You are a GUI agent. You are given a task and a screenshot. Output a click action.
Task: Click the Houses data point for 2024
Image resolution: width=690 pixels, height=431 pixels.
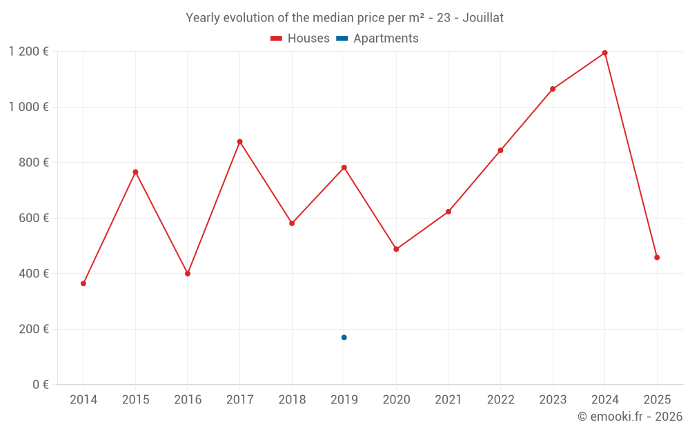[605, 53]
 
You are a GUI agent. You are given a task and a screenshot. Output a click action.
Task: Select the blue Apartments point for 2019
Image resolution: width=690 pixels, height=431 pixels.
[344, 337]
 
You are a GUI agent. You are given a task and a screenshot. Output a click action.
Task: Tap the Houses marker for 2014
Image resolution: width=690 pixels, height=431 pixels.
[83, 283]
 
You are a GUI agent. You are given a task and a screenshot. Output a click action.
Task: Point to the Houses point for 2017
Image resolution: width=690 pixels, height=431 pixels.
[239, 142]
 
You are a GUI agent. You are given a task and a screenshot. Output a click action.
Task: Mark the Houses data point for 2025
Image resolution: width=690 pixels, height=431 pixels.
[657, 257]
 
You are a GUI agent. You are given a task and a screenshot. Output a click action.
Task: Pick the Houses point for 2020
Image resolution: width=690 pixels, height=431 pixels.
[396, 249]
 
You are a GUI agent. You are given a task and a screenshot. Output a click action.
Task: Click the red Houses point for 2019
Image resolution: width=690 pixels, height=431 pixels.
[344, 168]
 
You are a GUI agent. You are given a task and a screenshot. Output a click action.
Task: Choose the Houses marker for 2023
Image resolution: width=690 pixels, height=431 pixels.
[553, 89]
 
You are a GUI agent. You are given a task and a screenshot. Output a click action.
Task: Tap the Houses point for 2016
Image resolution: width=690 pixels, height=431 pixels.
[188, 274]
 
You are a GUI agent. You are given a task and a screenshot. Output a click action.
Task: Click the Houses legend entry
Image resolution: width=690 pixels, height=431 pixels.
[300, 39]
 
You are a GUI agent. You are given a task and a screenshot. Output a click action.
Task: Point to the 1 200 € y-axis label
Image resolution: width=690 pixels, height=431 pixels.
[28, 52]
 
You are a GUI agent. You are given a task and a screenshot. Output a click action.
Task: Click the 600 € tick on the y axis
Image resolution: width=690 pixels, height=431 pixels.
[35, 218]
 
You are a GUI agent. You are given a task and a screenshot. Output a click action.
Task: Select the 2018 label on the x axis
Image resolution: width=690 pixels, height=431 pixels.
[292, 400]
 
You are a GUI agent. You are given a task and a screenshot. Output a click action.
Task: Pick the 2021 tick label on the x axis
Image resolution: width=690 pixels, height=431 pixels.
[448, 400]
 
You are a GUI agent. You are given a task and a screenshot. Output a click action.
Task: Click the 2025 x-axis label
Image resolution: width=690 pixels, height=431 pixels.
[657, 400]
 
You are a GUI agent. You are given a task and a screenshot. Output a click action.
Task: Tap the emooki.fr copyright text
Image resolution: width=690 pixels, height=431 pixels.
[630, 417]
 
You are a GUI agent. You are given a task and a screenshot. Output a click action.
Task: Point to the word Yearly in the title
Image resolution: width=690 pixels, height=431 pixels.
[202, 18]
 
